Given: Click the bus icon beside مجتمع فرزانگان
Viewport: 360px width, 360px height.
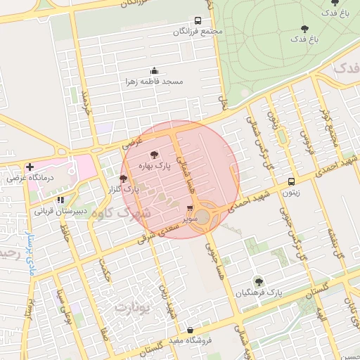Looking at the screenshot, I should coord(198,20).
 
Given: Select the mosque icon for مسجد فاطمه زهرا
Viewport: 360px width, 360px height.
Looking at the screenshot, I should coord(154,70).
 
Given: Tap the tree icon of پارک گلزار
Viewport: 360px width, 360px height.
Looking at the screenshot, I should coord(124,179).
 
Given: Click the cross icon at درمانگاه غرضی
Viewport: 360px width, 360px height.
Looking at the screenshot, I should coord(30,167).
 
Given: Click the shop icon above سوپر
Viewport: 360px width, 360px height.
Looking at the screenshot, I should coord(190,208).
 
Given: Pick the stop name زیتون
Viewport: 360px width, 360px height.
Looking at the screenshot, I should coord(292,191).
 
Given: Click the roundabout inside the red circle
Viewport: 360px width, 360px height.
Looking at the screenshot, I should coord(205,215).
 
